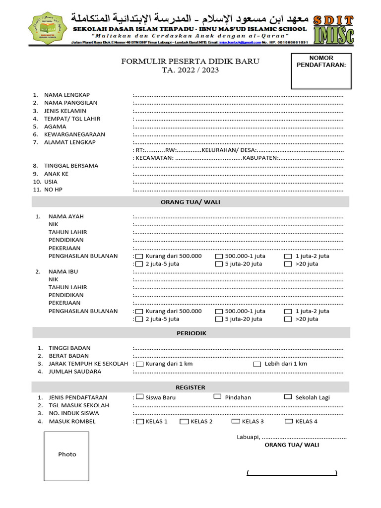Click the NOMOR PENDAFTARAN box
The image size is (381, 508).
point(321,71)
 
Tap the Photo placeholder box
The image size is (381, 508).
point(66,455)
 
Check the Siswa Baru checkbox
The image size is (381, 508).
point(139,396)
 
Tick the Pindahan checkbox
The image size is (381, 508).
point(217,396)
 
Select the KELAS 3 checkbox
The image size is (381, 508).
point(235,422)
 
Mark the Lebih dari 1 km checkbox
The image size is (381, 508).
point(257,364)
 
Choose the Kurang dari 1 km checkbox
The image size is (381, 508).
point(139,364)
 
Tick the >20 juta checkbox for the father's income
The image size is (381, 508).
point(288,264)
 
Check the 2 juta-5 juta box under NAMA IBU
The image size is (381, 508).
point(139,319)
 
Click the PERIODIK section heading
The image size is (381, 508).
point(191,333)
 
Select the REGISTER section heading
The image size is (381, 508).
point(191,387)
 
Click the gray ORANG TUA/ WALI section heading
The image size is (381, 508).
point(191,202)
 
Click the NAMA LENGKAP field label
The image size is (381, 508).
point(67,95)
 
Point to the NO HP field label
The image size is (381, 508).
point(53,190)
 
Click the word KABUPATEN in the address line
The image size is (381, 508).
point(259,158)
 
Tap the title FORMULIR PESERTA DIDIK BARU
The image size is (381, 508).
point(190,62)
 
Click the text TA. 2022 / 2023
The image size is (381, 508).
point(190,70)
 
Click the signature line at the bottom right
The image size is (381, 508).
point(292,474)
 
